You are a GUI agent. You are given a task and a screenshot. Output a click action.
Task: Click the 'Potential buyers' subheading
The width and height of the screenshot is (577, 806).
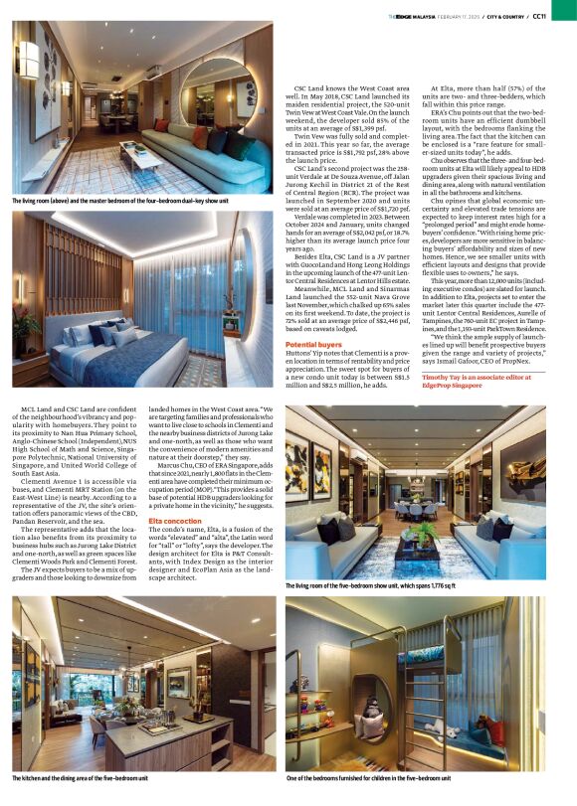pyautogui.click(x=315, y=343)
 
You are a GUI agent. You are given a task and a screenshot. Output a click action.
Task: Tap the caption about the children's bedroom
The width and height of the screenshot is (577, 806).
pyautogui.click(x=368, y=779)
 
